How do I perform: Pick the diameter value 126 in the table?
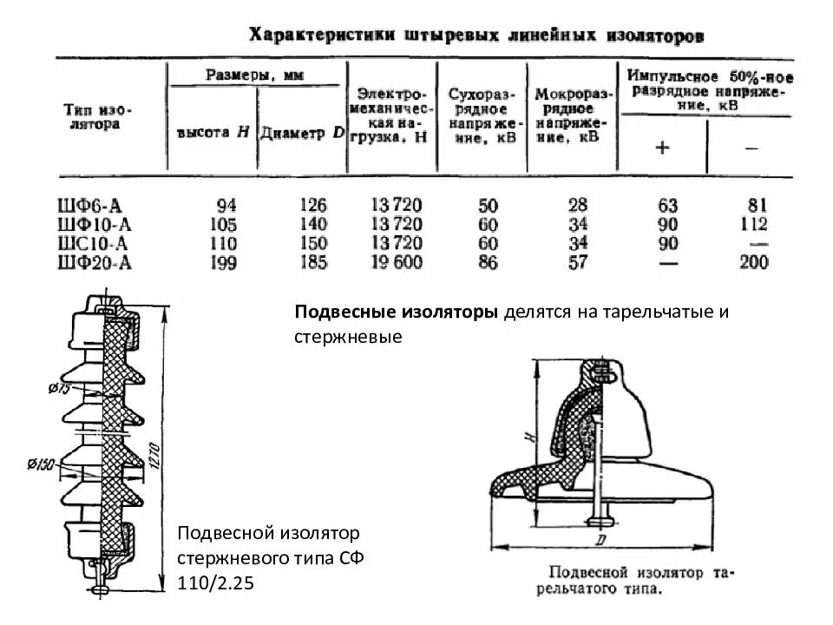(x=312, y=206)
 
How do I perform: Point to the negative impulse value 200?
(x=752, y=262)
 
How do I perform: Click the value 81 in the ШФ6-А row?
(x=757, y=206)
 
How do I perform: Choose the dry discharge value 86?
(x=488, y=262)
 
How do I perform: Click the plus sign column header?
(x=662, y=148)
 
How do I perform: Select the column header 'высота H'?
(x=213, y=133)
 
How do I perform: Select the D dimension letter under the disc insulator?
(x=600, y=541)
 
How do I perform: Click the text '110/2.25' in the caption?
(x=215, y=582)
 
